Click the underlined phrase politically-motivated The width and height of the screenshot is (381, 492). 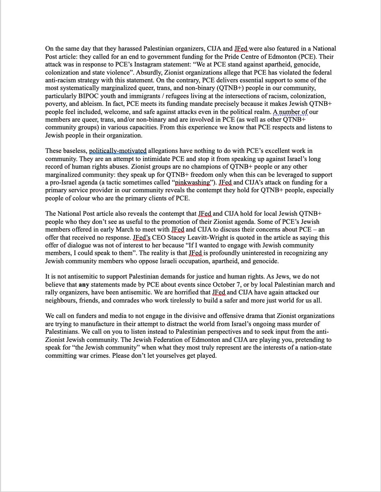pos(118,151)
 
